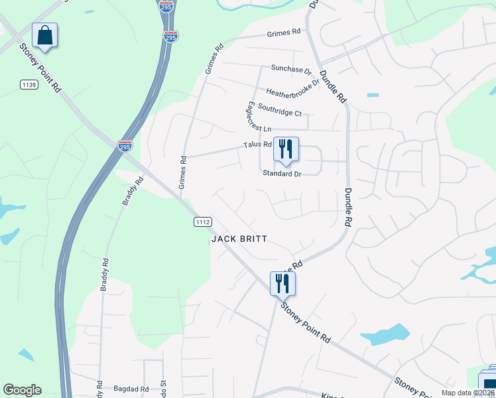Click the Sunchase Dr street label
pyautogui.click(x=291, y=69)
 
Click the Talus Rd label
pyautogui.click(x=258, y=144)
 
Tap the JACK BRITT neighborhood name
pyautogui.click(x=239, y=239)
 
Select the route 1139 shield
pyautogui.click(x=29, y=84)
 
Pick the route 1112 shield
pyautogui.click(x=203, y=222)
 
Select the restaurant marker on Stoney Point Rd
pyautogui.click(x=282, y=284)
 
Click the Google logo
pyautogui.click(x=22, y=390)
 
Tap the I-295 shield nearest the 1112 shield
pyautogui.click(x=125, y=145)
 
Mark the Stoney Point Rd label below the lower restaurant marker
pyautogui.click(x=305, y=322)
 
